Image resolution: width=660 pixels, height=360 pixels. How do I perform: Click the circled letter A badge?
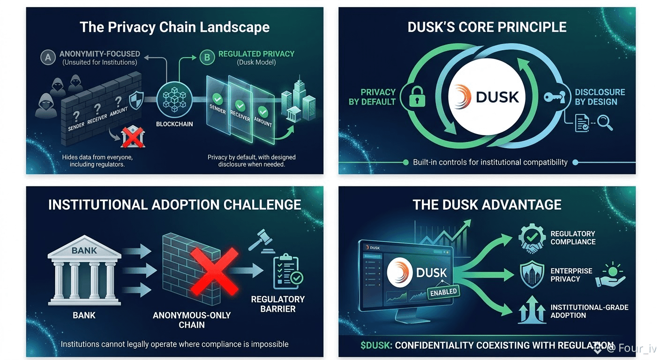pyautogui.click(x=48, y=57)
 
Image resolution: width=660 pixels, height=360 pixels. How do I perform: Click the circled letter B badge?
pyautogui.click(x=207, y=57)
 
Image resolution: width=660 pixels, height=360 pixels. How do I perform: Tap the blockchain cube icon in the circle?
pyautogui.click(x=174, y=99)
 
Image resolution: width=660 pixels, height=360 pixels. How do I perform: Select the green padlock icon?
pyautogui.click(x=417, y=97)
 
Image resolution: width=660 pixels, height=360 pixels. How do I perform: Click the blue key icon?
pyautogui.click(x=555, y=97)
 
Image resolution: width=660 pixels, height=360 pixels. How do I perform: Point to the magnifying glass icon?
pyautogui.click(x=605, y=123)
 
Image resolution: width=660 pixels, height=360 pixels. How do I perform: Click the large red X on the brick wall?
pyautogui.click(x=215, y=271)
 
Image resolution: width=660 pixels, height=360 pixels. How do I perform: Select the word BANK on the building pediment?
pyautogui.click(x=84, y=250)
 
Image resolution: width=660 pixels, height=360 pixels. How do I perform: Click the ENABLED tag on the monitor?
pyautogui.click(x=443, y=292)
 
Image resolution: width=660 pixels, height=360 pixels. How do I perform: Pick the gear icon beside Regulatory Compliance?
pyautogui.click(x=532, y=239)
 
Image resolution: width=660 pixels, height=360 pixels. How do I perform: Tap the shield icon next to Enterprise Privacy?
pyautogui.click(x=532, y=274)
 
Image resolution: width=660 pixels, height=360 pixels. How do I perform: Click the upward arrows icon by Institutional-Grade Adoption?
pyautogui.click(x=532, y=310)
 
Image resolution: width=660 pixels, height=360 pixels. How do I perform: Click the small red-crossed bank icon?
pyautogui.click(x=133, y=137)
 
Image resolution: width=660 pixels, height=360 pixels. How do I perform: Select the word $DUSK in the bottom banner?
pyautogui.click(x=376, y=345)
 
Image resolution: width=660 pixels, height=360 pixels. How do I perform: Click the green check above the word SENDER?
pyautogui.click(x=217, y=98)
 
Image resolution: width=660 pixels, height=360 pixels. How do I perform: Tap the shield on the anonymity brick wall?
pyautogui.click(x=136, y=100)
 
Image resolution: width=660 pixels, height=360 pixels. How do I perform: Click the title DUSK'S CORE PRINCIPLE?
pyautogui.click(x=487, y=27)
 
